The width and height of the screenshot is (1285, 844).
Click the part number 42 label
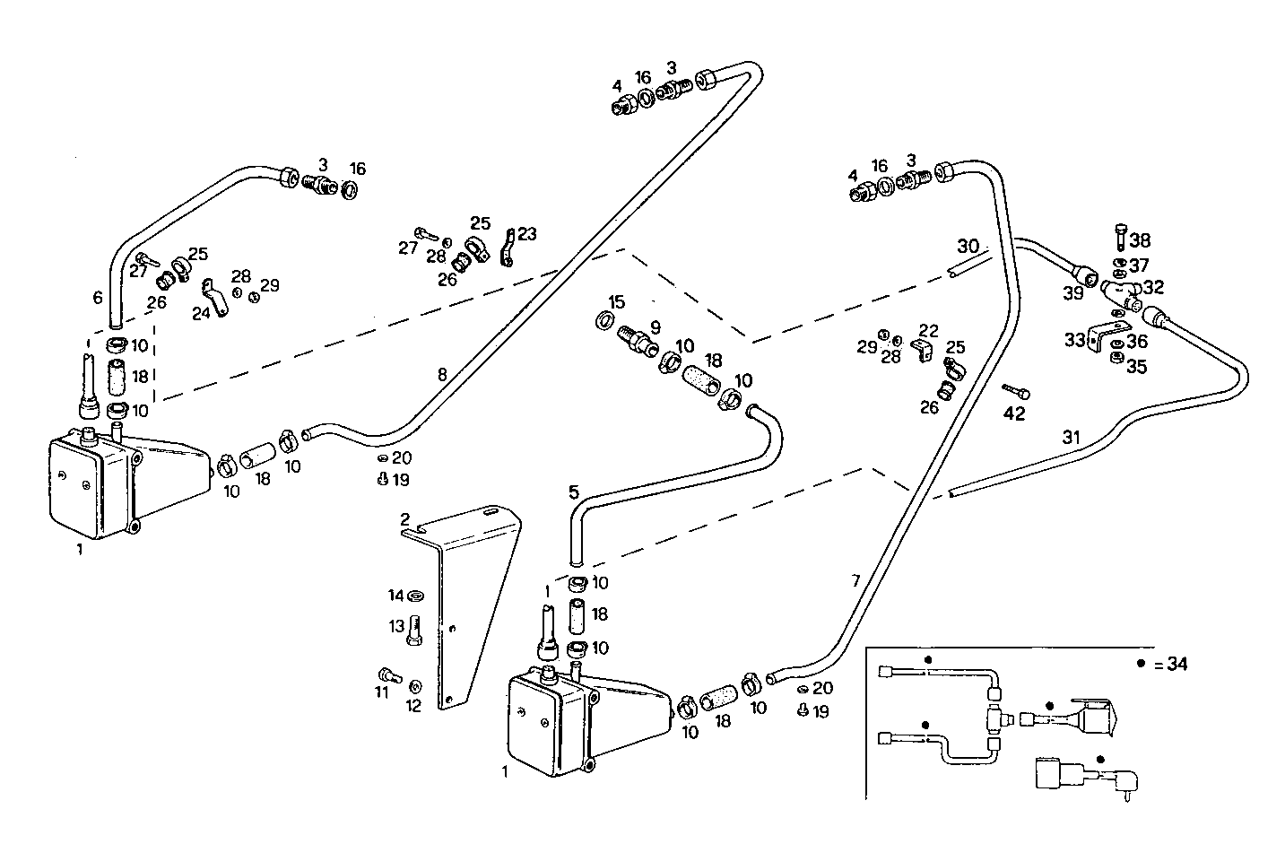1013,414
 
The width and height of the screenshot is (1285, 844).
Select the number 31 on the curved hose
1071,438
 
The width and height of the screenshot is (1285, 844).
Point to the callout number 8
442,374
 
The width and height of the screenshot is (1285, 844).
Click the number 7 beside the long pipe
855,580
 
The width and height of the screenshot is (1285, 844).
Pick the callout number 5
574,492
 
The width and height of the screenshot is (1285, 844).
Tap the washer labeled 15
605,321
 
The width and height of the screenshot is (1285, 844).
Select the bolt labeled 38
1120,235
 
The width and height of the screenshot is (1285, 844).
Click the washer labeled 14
416,596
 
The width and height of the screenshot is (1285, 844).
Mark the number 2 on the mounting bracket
405,519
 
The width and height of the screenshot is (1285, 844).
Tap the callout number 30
968,246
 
